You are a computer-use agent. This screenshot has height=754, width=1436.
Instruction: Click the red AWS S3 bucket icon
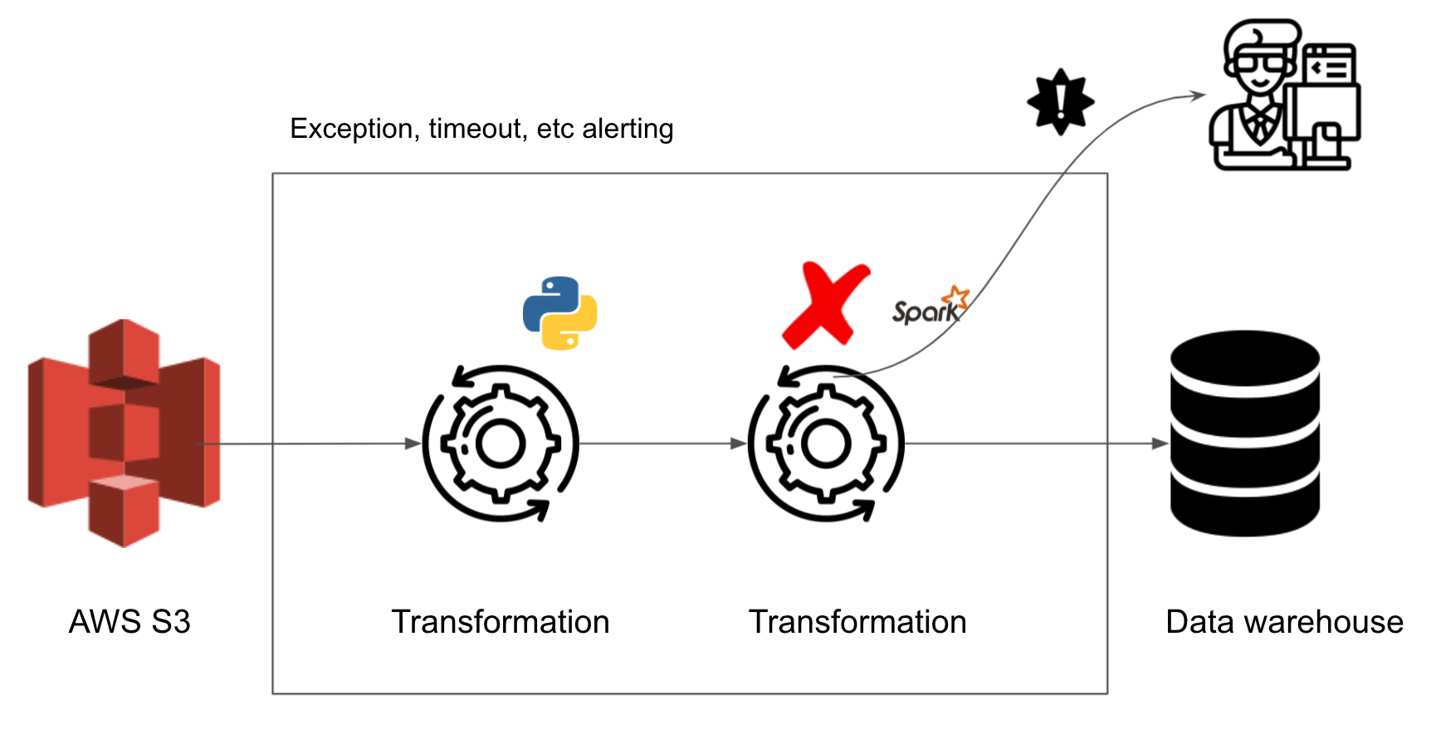[x=125, y=433]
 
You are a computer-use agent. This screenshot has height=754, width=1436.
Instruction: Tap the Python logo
[x=560, y=313]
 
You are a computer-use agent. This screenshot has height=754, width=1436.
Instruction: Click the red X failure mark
[x=825, y=305]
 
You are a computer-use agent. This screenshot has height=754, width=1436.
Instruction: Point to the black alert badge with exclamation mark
[x=1061, y=101]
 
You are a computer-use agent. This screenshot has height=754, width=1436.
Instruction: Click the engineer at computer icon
[x=1284, y=95]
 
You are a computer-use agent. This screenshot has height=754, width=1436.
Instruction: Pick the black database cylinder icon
[x=1244, y=433]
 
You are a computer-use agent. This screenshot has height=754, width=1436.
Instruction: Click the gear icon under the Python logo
[x=501, y=443]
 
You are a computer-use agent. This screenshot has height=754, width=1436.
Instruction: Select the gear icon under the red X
[x=826, y=443]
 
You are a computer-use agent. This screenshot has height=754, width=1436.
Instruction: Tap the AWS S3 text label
[x=129, y=622]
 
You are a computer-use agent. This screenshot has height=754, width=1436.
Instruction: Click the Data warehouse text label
[x=1284, y=622]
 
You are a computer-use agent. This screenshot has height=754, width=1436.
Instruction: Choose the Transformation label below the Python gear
[x=501, y=622]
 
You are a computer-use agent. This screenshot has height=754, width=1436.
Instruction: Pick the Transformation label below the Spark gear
[x=857, y=622]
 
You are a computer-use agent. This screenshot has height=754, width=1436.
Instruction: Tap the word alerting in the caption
[x=628, y=129]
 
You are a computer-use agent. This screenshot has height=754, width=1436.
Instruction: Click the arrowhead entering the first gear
[x=413, y=443]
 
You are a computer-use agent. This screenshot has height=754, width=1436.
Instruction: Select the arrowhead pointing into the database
[x=1160, y=443]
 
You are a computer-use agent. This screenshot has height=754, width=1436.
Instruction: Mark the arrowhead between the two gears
[x=739, y=443]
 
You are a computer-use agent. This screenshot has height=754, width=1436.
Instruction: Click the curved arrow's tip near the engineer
[x=1199, y=95]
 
